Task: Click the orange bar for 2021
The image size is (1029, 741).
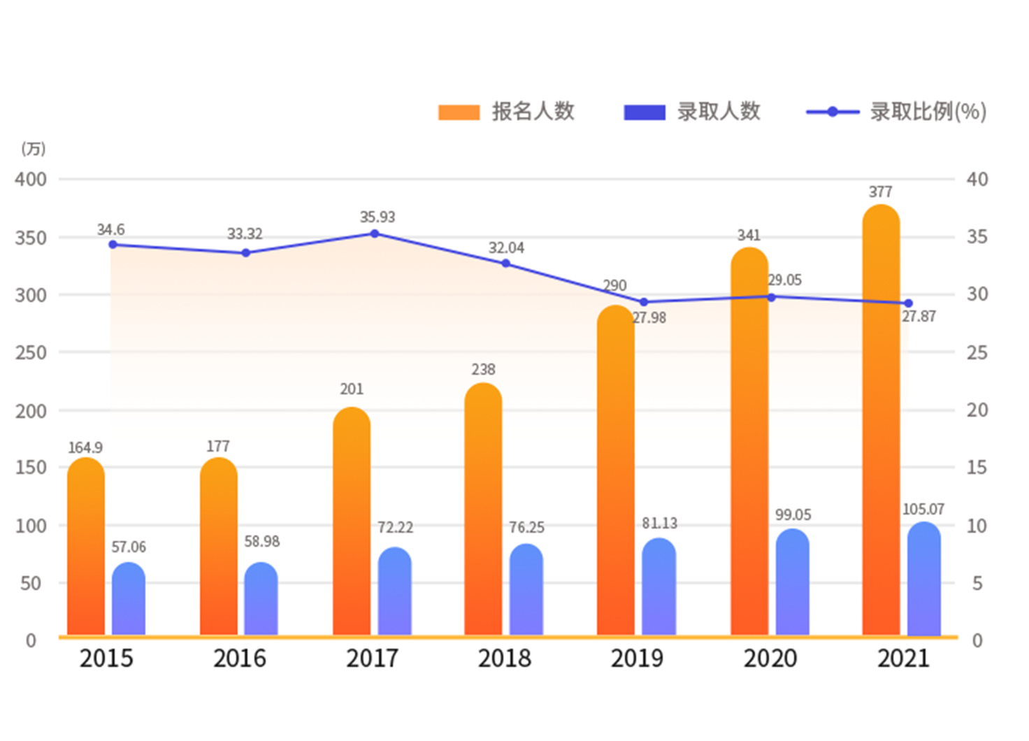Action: (881, 419)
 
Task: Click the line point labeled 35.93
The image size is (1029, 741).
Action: (375, 233)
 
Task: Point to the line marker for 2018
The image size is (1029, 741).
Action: (505, 264)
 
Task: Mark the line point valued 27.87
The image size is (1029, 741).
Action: (908, 303)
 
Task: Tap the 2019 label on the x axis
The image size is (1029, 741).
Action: (637, 659)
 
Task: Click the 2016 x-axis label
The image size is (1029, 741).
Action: (240, 659)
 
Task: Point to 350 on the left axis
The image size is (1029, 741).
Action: (31, 238)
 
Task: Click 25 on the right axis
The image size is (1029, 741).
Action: (977, 352)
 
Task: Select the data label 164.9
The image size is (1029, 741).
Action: (85, 447)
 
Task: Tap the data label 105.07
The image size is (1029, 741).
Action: (923, 509)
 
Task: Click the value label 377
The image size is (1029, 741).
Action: (880, 192)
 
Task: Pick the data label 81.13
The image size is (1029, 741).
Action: (659, 523)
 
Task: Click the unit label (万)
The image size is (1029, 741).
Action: (33, 149)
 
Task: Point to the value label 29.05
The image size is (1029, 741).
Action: (784, 280)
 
